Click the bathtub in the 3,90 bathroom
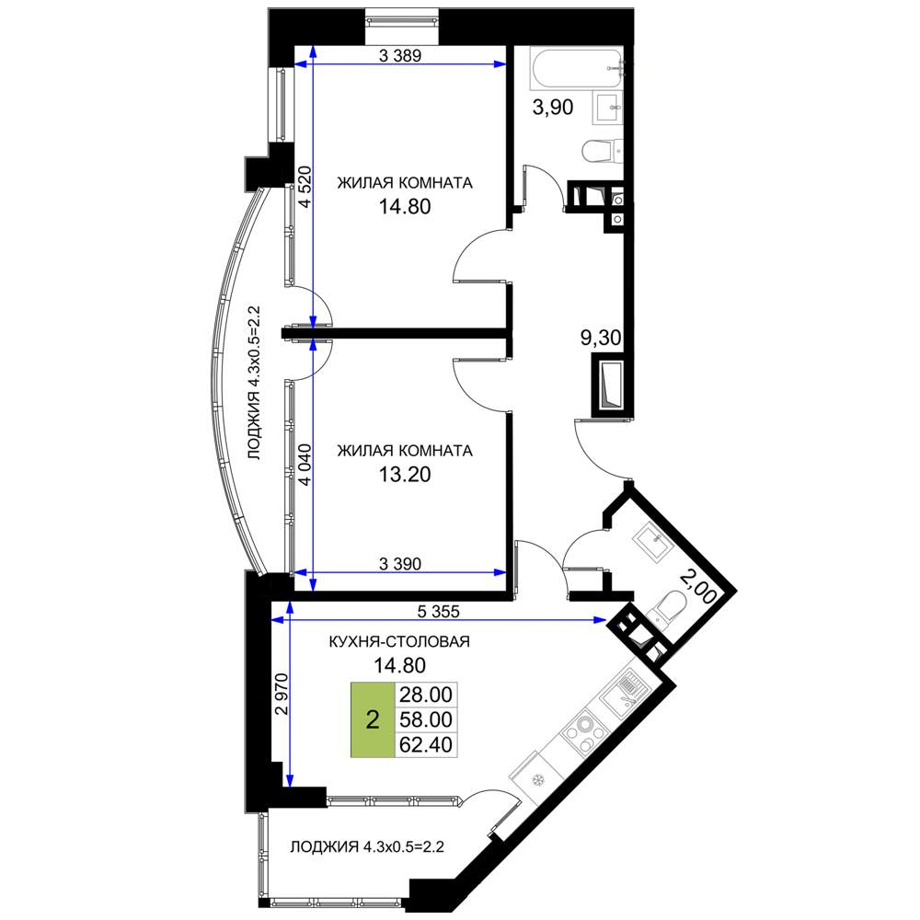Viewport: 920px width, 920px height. coord(577,68)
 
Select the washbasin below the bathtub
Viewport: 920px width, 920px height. coord(607,108)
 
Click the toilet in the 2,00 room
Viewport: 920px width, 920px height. coord(670,606)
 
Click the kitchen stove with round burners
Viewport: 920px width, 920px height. coord(587,732)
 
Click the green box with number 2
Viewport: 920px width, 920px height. coord(373,719)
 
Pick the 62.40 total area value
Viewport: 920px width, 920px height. coord(425,744)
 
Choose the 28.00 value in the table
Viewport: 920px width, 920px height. coord(425,695)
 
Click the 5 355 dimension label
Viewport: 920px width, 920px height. coord(438,612)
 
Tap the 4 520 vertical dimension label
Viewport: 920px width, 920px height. coord(305,187)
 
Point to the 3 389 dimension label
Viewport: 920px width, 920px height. coord(400,56)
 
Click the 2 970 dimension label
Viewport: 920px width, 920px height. coord(282,694)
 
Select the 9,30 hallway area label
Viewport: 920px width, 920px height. coord(601,338)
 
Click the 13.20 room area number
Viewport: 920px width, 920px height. coord(405,474)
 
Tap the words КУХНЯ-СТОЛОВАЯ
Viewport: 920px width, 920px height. coord(399,641)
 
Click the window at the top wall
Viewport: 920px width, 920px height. coord(401,21)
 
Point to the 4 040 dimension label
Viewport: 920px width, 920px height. coord(305,465)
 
